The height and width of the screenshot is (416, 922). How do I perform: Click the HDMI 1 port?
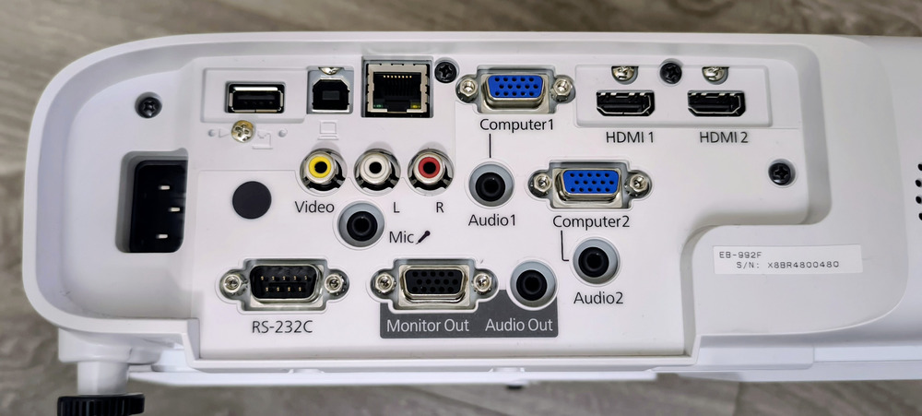(x=624, y=103)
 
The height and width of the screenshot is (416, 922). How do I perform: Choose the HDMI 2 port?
(x=716, y=103)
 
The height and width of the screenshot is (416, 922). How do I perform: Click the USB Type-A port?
(x=254, y=98)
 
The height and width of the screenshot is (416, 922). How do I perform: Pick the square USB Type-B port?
(x=330, y=95)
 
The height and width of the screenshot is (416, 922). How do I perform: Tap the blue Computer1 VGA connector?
(x=514, y=89)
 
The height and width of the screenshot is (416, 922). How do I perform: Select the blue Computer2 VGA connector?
(x=590, y=184)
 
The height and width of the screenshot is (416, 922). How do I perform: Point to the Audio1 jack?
(x=491, y=186)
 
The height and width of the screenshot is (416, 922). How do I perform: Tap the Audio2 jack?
(x=595, y=261)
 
